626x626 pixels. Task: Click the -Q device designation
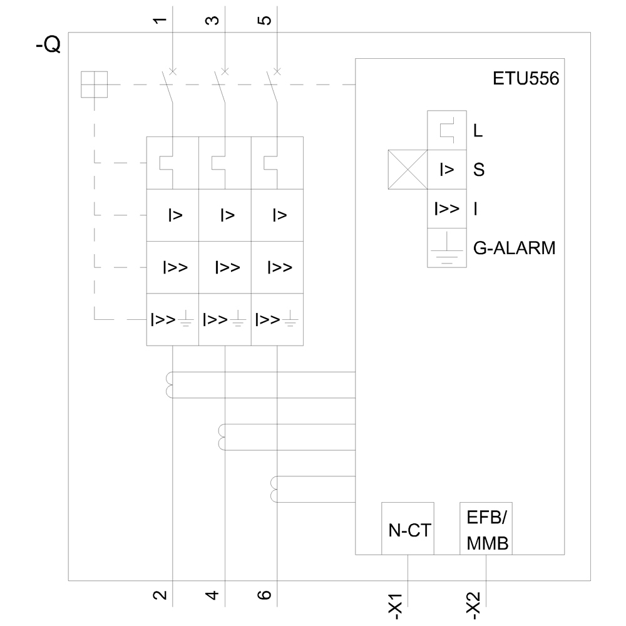pyautogui.click(x=48, y=46)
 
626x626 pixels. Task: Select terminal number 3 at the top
pyautogui.click(x=213, y=20)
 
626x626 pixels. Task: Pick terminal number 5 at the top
pyautogui.click(x=266, y=20)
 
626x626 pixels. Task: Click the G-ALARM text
pyautogui.click(x=514, y=248)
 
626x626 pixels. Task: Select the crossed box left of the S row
pyautogui.click(x=408, y=170)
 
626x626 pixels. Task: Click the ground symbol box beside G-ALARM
pyautogui.click(x=446, y=248)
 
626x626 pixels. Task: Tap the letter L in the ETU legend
pyautogui.click(x=479, y=131)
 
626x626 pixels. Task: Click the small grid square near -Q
pyautogui.click(x=95, y=85)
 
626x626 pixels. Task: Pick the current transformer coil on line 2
pyautogui.click(x=170, y=384)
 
